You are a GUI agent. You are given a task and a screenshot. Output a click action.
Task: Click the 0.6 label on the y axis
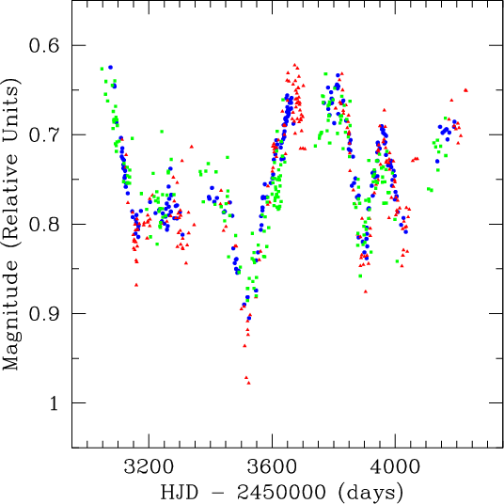44,46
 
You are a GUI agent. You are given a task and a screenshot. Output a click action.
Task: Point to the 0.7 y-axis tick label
44,135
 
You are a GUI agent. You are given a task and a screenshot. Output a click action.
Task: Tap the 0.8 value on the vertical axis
44,225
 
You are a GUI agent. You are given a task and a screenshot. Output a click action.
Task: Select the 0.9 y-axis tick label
44,314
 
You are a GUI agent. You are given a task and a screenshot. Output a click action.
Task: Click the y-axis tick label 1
54,403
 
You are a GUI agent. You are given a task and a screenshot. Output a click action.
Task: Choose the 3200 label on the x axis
149,466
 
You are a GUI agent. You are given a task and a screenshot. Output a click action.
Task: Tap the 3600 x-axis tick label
272,466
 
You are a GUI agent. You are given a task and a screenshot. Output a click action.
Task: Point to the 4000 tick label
395,466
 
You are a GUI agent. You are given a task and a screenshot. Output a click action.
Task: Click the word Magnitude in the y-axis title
10,315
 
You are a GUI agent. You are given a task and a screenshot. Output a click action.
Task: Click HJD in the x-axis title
180,492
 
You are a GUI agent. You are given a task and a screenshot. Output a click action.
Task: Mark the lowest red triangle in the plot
248,383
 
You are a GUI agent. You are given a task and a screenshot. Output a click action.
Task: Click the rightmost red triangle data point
465,90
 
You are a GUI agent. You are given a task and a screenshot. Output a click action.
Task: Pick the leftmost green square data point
102,69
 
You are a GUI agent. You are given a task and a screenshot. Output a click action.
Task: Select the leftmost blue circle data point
111,67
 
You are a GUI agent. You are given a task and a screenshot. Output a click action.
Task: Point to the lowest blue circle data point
249,318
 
